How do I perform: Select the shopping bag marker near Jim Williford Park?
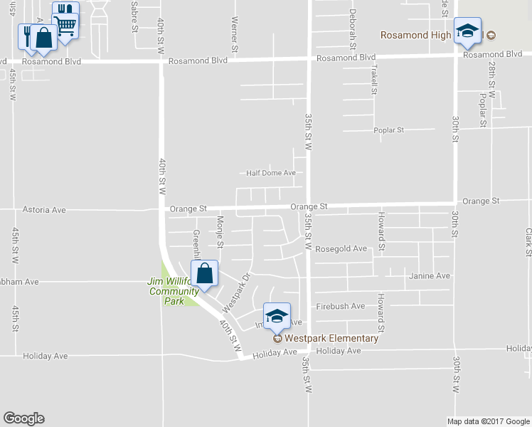[204, 274]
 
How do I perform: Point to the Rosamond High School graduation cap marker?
[467, 31]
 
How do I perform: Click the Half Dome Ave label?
[270, 173]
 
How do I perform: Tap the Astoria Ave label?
[44, 210]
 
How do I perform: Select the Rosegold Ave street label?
[341, 249]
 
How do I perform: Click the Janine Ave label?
[430, 275]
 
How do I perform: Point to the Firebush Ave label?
[341, 306]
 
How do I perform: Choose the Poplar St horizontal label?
[389, 130]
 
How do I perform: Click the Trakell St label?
[373, 80]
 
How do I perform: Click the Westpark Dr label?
[237, 292]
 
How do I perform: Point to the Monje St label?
[220, 233]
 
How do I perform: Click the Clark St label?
[528, 242]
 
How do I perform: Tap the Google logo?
[23, 418]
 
